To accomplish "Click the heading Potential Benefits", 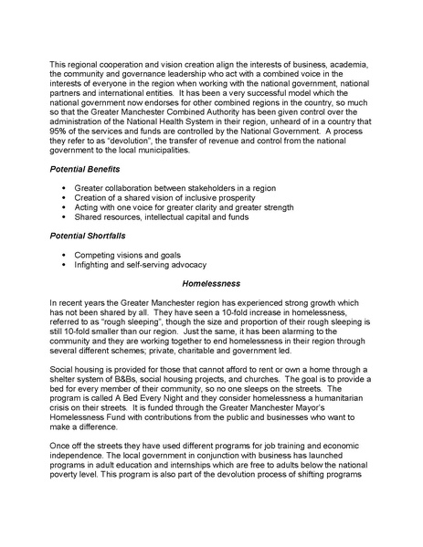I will tap(91, 171).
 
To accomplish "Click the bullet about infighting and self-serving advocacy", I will tap(153, 264).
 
